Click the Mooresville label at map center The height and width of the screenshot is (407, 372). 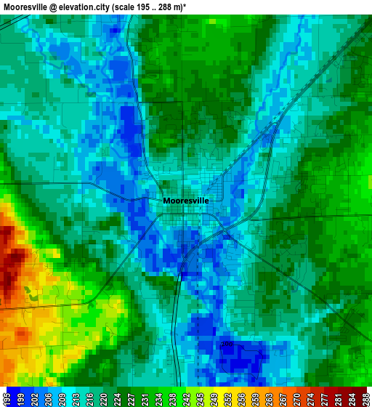[186, 200]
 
